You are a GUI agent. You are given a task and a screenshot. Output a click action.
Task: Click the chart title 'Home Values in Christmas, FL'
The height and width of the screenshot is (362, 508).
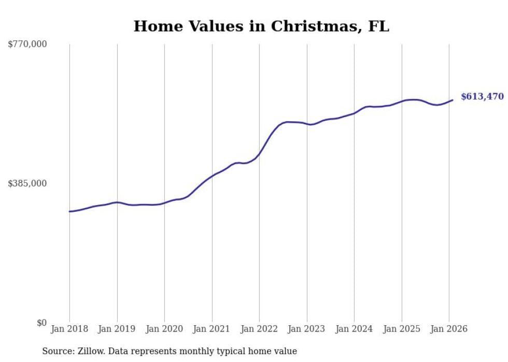261,26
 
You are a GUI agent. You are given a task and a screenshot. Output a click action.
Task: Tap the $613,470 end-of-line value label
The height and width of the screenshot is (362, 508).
482,96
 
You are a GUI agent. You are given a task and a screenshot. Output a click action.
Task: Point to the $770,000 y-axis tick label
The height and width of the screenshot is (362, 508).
27,45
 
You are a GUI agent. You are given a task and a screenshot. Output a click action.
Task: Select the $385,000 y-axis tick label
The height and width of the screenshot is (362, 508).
27,183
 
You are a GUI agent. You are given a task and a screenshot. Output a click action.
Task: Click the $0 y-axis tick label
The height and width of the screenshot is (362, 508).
41,323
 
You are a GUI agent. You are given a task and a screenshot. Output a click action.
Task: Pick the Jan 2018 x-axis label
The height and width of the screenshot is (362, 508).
69,329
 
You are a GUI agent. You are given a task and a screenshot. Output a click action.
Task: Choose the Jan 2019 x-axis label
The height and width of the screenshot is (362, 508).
117,329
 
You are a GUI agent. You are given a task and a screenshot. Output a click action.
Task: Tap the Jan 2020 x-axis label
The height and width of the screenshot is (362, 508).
164,329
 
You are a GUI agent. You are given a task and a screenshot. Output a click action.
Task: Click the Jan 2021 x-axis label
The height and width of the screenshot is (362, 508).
212,329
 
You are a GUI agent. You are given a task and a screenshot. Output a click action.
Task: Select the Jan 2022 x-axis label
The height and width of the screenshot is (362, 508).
259,329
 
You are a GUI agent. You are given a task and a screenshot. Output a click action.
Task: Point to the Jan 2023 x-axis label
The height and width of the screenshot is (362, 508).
307,329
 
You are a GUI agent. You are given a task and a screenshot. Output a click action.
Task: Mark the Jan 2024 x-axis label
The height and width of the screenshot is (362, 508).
354,329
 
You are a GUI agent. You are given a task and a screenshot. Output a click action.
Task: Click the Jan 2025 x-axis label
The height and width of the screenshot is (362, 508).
402,329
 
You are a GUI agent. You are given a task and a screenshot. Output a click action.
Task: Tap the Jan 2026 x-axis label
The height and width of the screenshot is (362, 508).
449,329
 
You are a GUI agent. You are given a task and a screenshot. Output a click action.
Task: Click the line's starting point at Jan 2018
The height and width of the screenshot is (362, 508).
69,211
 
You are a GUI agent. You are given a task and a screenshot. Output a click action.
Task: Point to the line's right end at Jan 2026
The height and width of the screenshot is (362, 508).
453,100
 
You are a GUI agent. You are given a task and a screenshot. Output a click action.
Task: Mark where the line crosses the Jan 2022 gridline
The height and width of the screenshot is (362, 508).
259,154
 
